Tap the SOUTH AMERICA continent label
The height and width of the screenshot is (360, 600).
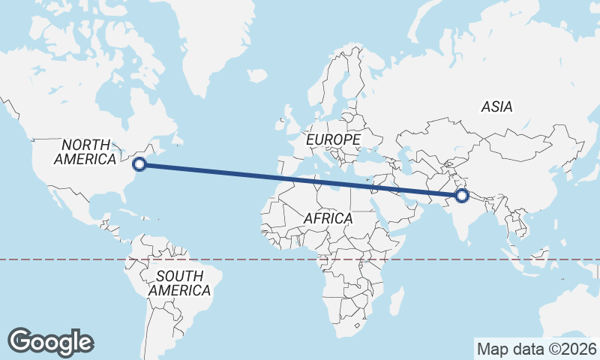click(x=178, y=283)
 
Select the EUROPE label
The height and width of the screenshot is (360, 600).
click(x=333, y=139)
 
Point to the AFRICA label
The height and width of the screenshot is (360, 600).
click(x=328, y=218)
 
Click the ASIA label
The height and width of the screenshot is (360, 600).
click(x=496, y=107)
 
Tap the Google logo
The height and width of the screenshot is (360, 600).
click(x=50, y=342)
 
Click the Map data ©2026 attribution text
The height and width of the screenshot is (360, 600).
click(x=537, y=349)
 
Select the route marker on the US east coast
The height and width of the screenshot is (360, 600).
click(x=138, y=165)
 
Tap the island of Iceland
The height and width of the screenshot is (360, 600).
click(x=257, y=76)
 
